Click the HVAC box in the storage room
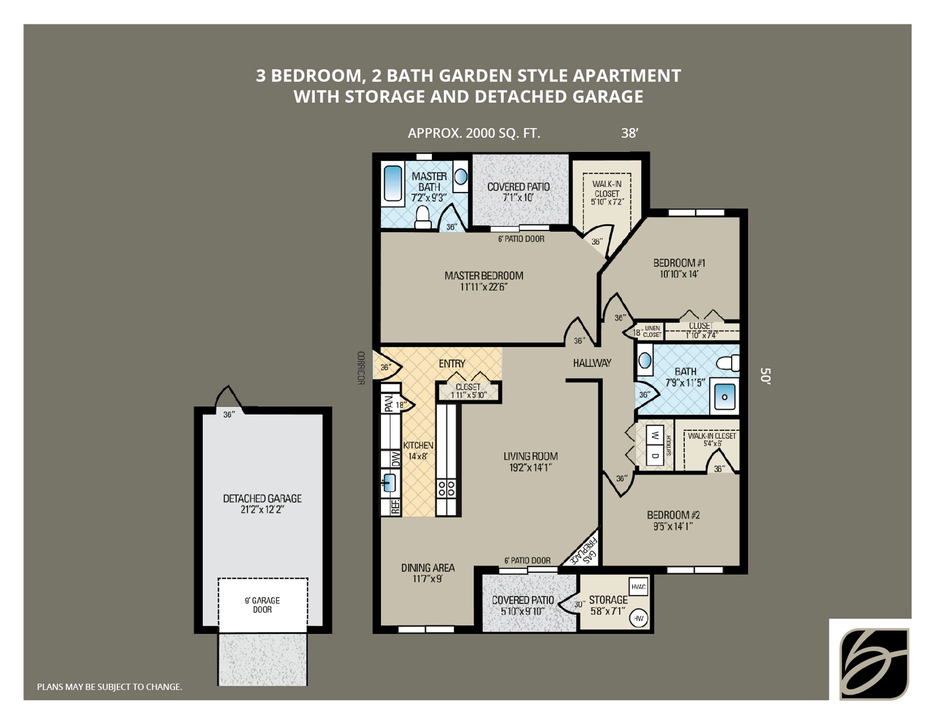638,587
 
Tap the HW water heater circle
639,618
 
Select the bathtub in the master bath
393,183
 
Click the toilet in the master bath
423,217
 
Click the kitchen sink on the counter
389,483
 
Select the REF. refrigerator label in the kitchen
395,506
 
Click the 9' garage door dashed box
263,605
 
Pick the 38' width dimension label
629,133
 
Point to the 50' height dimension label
765,376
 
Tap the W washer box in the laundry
655,434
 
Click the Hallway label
592,363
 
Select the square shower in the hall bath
724,397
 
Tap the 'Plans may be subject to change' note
109,687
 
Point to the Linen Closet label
652,332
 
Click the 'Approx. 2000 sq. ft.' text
474,133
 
